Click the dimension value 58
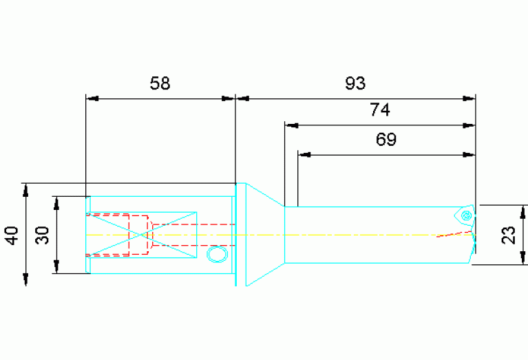click(160, 83)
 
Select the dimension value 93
click(355, 83)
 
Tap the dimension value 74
click(380, 109)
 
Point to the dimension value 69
click(386, 140)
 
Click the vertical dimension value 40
click(12, 235)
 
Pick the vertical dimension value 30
click(43, 235)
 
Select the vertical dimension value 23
click(509, 235)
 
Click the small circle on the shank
click(218, 254)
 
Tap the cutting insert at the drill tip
click(465, 215)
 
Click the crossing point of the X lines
click(141, 235)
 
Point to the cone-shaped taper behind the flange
click(265, 235)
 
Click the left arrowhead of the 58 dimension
click(92, 98)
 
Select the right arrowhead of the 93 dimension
click(469, 98)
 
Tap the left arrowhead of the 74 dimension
click(291, 125)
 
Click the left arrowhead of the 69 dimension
click(304, 155)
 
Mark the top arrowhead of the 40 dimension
click(26, 189)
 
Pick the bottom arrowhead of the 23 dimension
click(522, 258)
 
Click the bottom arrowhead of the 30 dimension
click(56, 267)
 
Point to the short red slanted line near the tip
click(454, 234)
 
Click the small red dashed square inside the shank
click(139, 235)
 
